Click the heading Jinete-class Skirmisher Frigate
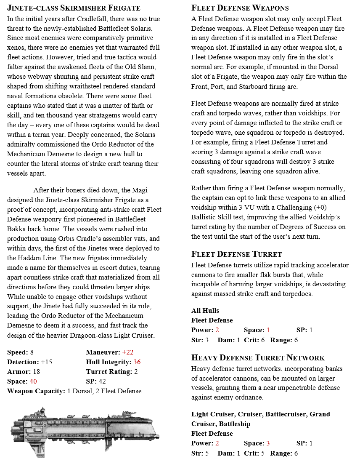coord(74,8)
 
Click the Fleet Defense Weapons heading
coord(240,8)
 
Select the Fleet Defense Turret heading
coord(236,254)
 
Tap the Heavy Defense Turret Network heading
coord(258,358)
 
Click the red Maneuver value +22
coord(127,352)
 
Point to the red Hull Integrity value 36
coord(137,362)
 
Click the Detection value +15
coord(46,362)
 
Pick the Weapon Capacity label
coord(36,391)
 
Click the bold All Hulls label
coord(205,311)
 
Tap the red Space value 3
coord(268,443)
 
